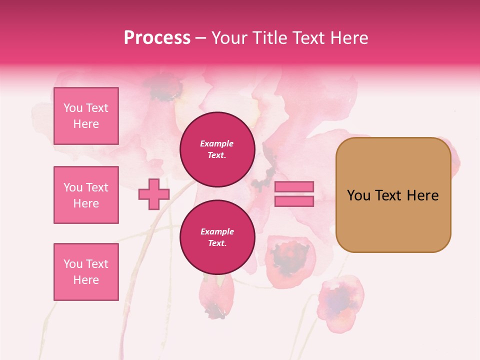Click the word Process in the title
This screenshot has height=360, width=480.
point(157,38)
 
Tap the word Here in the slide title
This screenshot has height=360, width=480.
point(348,38)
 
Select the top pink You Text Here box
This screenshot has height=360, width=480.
point(86,116)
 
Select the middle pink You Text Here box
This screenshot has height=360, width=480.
point(86,195)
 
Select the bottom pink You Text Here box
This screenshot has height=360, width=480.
point(86,272)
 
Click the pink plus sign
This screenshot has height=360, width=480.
point(154,194)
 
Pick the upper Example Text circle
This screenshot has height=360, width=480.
point(217,149)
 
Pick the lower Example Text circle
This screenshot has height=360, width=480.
point(217,237)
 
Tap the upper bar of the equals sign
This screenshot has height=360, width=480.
point(294,187)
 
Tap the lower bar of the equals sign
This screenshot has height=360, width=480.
point(294,201)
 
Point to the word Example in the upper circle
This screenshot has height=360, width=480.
point(217,144)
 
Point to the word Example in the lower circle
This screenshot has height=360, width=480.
point(217,232)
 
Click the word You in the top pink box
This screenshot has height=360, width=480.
point(73,108)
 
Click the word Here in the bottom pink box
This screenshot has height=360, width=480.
point(86,280)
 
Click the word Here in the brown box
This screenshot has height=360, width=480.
point(422,195)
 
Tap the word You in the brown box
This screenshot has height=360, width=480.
point(358,195)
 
